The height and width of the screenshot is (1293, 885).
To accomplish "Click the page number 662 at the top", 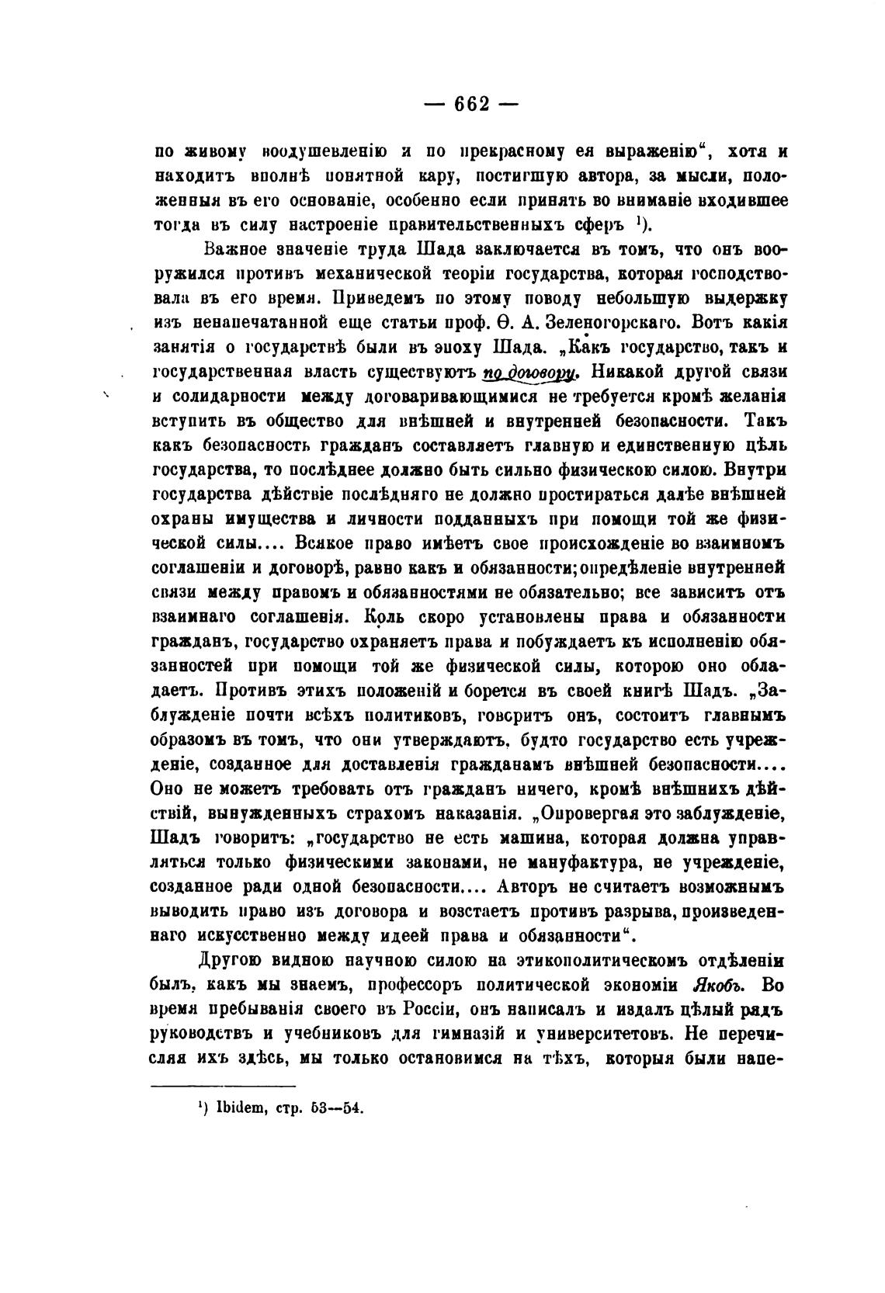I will [472, 103].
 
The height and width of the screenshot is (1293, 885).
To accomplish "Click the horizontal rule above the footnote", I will [222, 1085].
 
